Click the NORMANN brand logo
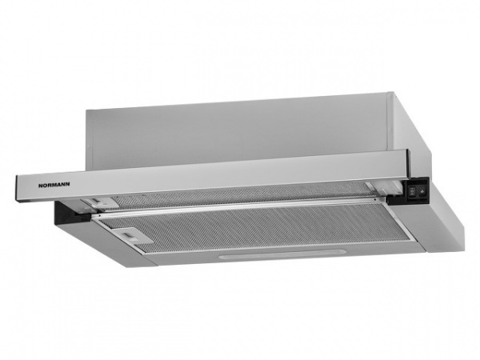pyautogui.click(x=54, y=185)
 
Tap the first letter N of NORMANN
pyautogui.click(x=41, y=186)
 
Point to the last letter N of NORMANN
pyautogui.click(x=67, y=184)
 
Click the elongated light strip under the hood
pyautogui.click(x=282, y=255)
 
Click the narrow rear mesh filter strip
pyautogui.click(x=242, y=192)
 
